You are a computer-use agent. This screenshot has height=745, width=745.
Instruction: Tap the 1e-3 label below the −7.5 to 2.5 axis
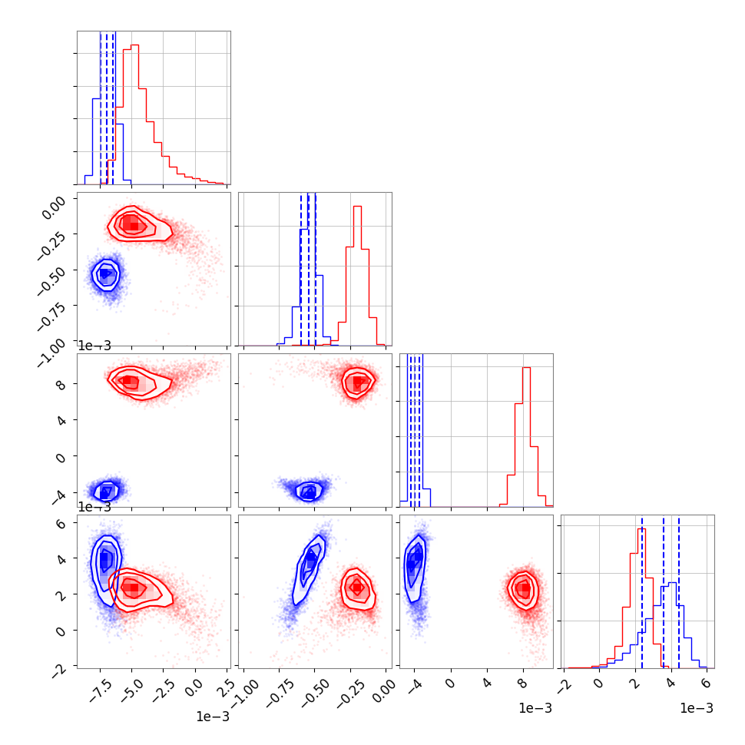213,716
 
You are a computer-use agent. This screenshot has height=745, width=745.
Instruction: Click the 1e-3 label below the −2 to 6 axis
697,708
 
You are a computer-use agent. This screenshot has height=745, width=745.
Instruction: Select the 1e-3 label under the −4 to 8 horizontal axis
535,708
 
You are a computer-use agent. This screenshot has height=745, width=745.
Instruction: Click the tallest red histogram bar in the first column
134,114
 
